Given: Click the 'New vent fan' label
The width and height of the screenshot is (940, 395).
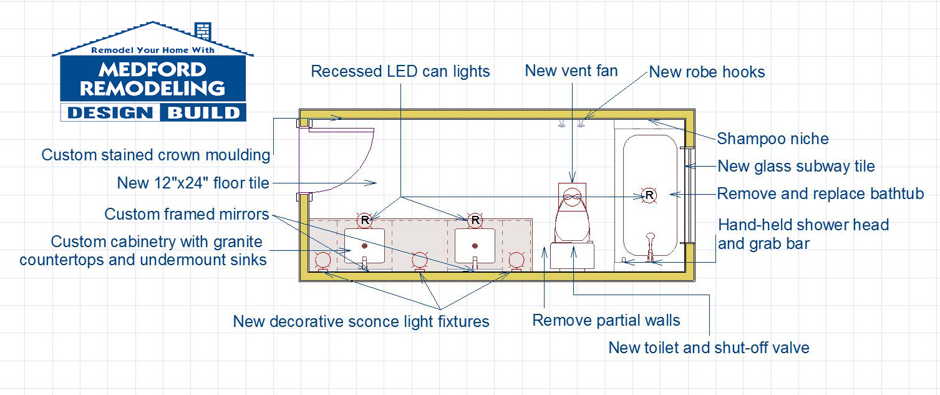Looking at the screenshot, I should (x=571, y=71).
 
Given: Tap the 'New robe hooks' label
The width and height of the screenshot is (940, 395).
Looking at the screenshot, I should (x=707, y=72).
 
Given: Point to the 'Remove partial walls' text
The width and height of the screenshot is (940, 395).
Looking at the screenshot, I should (x=606, y=321).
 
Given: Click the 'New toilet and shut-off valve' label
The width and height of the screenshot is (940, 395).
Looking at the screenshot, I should (x=709, y=348).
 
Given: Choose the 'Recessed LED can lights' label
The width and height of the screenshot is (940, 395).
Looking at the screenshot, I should (x=400, y=72).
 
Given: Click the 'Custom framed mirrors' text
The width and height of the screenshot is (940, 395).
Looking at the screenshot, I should (x=187, y=215).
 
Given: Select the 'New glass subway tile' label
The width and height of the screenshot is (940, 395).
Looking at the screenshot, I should (x=796, y=167).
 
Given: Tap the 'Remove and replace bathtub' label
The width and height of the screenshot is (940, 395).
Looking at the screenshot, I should (x=820, y=193).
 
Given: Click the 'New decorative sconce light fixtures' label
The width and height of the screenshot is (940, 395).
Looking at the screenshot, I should (x=361, y=321).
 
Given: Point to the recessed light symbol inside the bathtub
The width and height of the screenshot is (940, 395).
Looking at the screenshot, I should (x=649, y=195).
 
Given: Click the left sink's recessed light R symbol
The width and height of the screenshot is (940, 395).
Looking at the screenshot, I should (x=365, y=220).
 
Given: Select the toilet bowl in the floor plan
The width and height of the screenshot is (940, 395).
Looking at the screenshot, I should (x=571, y=215).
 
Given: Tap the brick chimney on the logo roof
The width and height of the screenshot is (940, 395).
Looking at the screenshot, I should (x=203, y=31).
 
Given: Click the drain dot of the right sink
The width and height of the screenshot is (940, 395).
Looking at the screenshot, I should (x=475, y=246).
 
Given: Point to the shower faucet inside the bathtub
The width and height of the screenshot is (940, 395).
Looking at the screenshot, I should (x=650, y=246).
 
